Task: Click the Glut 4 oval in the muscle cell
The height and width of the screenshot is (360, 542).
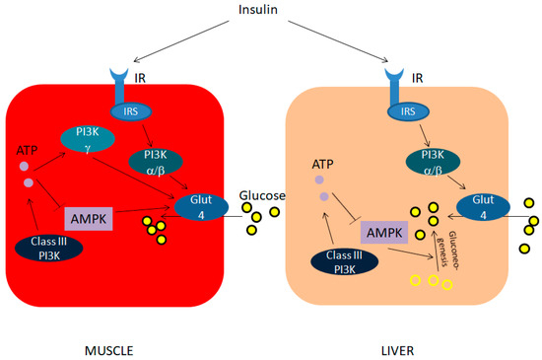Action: point(204,205)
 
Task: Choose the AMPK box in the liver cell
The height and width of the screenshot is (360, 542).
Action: point(385,234)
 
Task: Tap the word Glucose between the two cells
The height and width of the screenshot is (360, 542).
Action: point(261,196)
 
